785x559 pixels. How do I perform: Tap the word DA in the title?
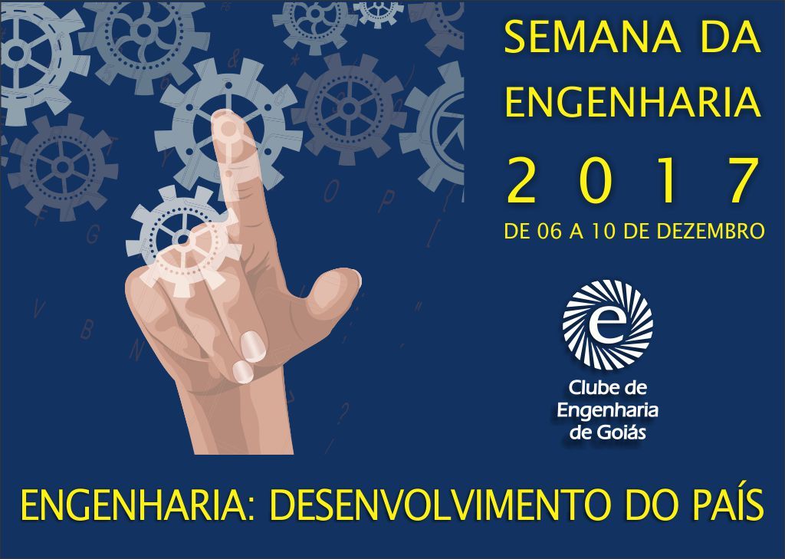(731, 38)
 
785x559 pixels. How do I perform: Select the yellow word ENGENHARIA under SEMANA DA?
(632, 102)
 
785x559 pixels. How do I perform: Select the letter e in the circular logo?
(607, 324)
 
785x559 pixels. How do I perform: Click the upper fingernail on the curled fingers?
(252, 346)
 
